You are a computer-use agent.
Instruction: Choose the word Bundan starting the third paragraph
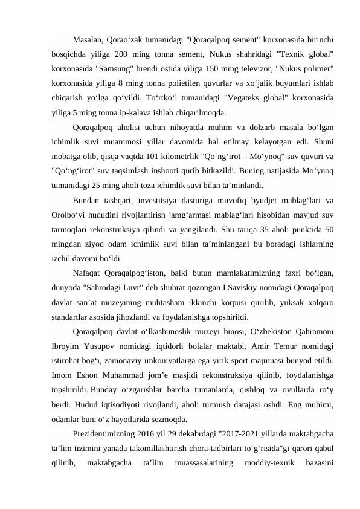tap(87, 200)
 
